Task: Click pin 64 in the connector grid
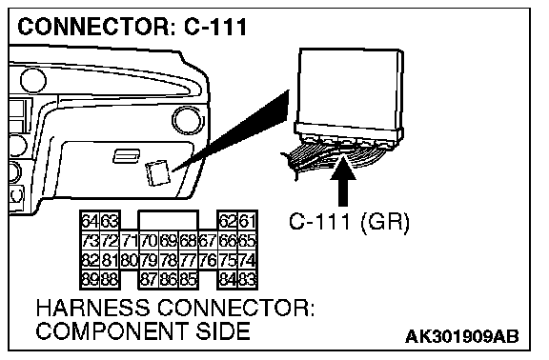pos(91,221)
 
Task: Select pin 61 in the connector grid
pos(248,221)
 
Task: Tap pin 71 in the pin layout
pos(130,240)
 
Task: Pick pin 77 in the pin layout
pos(189,260)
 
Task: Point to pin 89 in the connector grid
pos(91,280)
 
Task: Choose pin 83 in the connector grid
pos(248,280)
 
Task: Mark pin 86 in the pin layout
pos(169,280)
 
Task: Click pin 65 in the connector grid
pos(248,240)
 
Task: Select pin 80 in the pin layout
pos(130,260)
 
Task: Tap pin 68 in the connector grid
pos(189,240)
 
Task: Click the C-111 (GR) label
pos(349,222)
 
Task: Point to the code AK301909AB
pos(462,336)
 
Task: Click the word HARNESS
pos(92,308)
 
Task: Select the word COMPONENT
pos(112,330)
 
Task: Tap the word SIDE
pos(223,330)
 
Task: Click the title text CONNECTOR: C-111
pos(132,27)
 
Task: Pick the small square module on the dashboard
pos(158,172)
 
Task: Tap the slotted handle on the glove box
pos(127,155)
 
